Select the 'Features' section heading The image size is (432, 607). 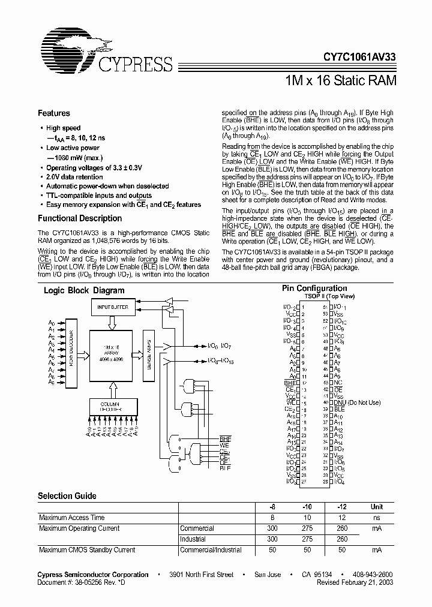click(x=54, y=113)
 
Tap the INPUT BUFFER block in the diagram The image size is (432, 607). click(x=113, y=306)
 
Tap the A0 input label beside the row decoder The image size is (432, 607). click(x=52, y=322)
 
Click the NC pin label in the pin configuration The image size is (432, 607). click(x=339, y=382)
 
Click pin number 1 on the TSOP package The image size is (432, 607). click(x=303, y=307)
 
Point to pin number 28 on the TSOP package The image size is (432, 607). click(x=325, y=482)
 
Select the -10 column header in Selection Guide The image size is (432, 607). click(x=307, y=507)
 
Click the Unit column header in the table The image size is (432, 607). click(x=376, y=507)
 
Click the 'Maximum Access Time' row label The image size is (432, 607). click(x=71, y=518)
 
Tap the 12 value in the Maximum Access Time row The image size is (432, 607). click(x=342, y=518)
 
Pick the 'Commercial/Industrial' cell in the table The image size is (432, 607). click(x=208, y=550)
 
